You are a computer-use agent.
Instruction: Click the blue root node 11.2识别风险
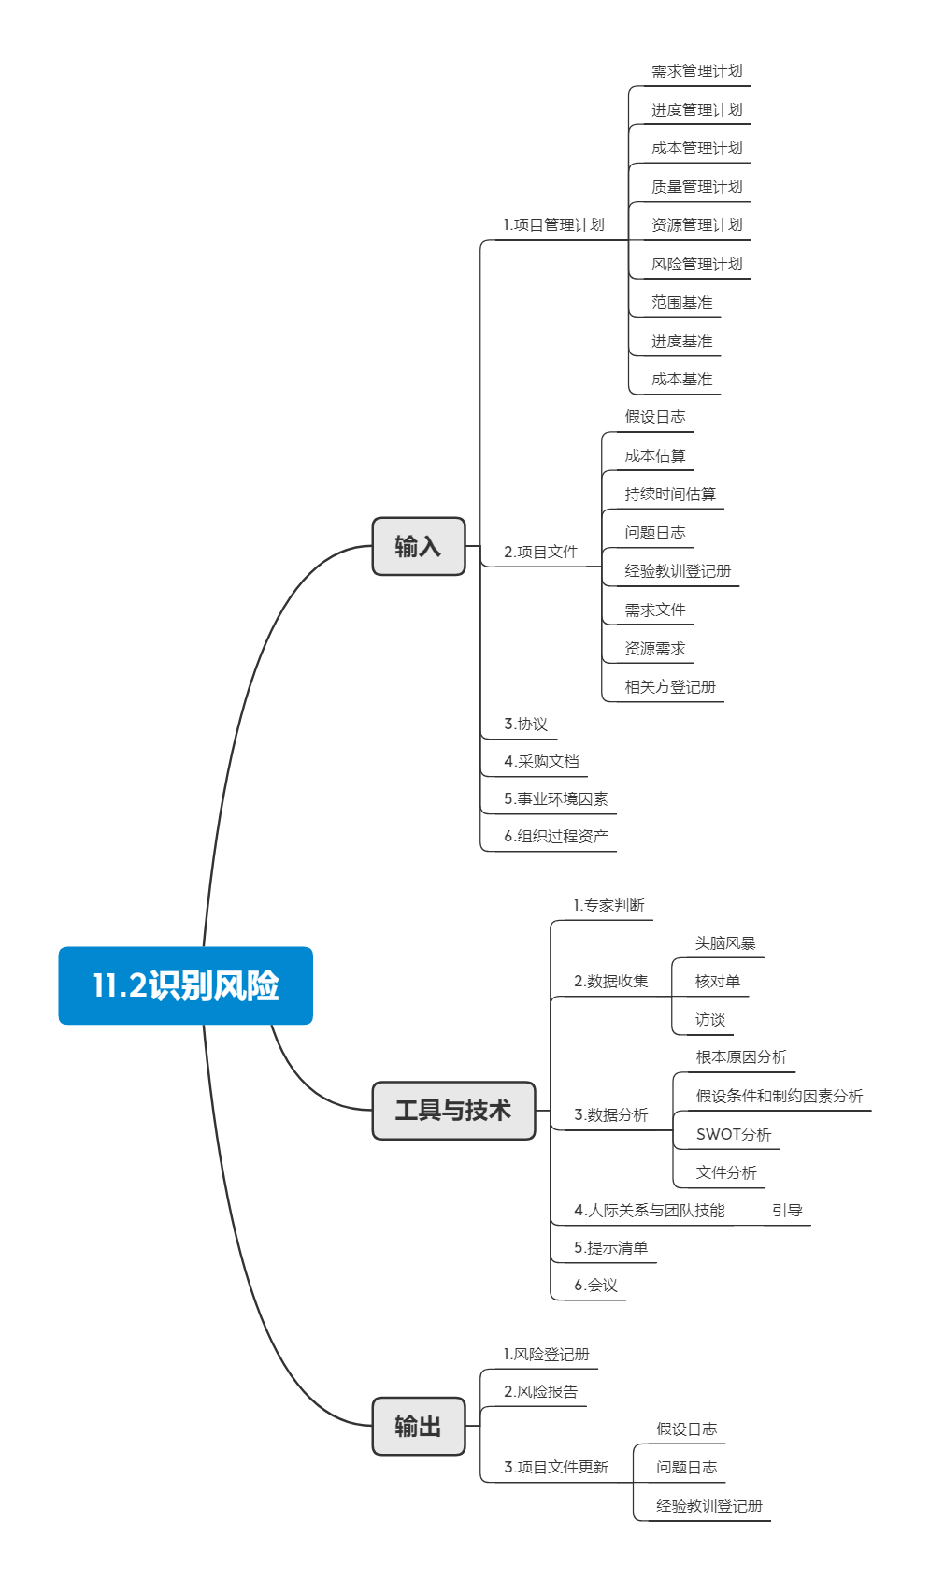pos(185,985)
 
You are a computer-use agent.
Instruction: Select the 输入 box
pos(418,546)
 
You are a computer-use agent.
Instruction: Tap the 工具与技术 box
pos(453,1110)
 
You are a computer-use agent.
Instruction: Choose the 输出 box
pos(418,1426)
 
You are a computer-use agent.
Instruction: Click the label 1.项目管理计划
pos(553,225)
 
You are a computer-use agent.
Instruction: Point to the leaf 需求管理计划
pos(696,71)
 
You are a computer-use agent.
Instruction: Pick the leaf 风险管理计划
pos(696,264)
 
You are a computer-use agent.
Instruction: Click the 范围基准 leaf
pos(681,302)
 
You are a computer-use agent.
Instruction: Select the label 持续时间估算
pos(670,494)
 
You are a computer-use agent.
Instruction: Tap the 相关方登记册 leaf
pos(670,686)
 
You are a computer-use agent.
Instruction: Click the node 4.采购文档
pos(541,761)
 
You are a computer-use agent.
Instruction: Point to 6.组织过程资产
pos(556,836)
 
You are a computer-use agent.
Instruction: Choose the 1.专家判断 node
pos(608,905)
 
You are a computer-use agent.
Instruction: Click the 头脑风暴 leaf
pos(724,943)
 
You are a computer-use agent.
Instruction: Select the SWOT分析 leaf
pos(734,1134)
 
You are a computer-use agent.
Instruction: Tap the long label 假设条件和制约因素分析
pos(780,1096)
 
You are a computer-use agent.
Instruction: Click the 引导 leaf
pos(787,1210)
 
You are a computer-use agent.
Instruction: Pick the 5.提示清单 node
pos(610,1247)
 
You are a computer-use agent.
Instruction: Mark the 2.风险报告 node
pos(540,1391)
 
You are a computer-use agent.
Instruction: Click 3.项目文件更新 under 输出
pos(556,1467)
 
